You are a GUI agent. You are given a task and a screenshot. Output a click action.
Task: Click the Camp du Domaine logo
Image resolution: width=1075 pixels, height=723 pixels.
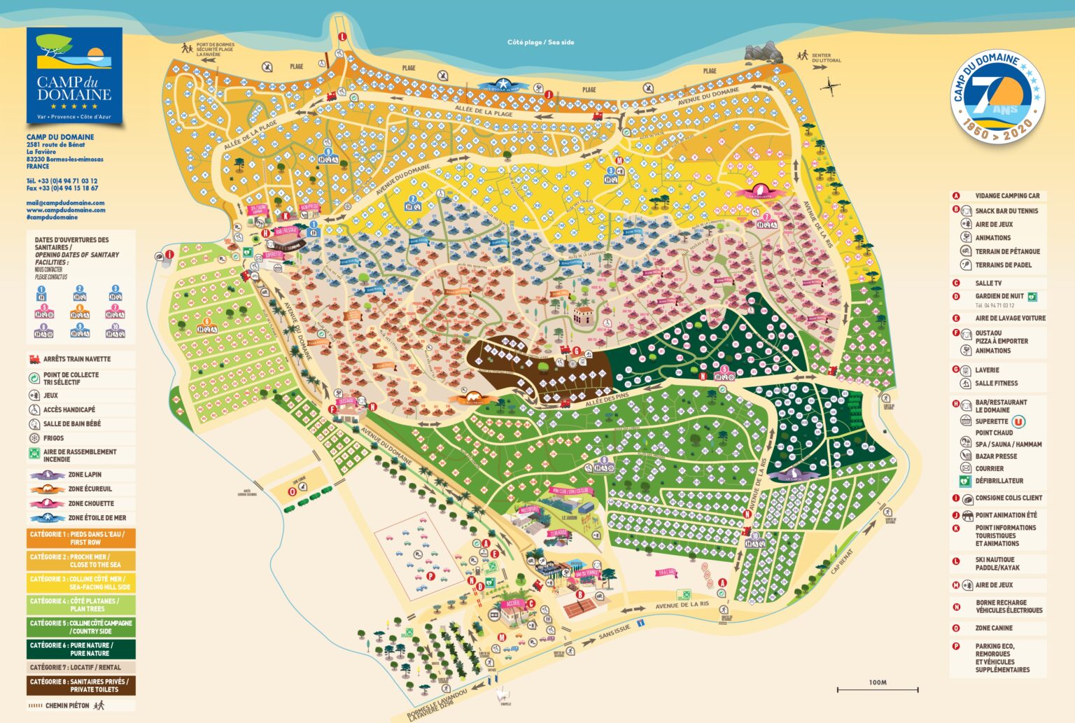74,76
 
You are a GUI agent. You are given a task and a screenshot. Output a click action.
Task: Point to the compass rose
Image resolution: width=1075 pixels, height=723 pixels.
831,87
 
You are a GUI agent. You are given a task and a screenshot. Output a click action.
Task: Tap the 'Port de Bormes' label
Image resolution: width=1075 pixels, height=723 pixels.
215,49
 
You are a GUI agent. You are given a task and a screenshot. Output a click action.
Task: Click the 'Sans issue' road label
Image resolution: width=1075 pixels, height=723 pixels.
614,632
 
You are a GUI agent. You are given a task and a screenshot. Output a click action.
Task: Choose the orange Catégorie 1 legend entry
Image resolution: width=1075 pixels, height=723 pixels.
81,538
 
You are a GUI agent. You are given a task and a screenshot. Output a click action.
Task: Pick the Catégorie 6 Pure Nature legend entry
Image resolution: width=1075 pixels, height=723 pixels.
81,649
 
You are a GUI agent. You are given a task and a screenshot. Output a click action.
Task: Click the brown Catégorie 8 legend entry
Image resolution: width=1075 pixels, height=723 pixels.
81,685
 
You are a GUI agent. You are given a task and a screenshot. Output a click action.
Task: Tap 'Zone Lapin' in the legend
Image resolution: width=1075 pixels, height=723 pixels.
84,475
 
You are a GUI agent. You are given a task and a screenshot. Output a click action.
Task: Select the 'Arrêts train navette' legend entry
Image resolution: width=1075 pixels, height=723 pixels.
76,359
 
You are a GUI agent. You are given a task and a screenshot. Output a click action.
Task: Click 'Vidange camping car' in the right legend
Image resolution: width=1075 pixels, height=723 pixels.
1006,196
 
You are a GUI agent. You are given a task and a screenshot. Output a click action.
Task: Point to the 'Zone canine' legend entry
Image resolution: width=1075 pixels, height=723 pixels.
994,628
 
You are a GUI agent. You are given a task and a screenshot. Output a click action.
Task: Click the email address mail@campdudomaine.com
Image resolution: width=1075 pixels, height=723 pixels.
65,203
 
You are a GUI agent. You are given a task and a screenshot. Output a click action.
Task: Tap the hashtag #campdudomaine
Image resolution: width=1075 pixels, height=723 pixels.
52,217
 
